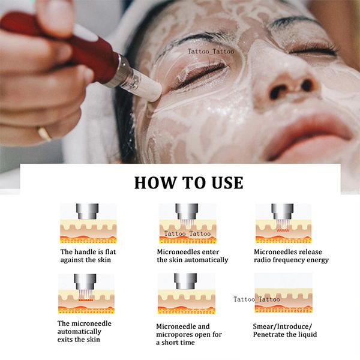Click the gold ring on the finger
point(44,134)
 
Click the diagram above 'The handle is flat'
point(88,223)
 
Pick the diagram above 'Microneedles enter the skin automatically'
point(187,223)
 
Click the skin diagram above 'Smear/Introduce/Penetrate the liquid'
point(283,293)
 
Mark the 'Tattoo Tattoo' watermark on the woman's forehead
point(211,52)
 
